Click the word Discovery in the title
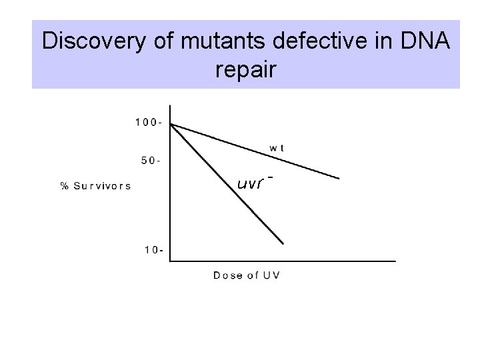coord(92,41)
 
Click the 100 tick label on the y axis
coord(147,122)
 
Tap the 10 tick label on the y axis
coord(153,250)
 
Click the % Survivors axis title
coord(96,186)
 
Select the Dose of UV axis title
coord(247,275)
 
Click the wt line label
coord(277,148)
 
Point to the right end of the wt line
coord(339,178)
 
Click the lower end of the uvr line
coord(284,243)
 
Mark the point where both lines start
coord(171,124)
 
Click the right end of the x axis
coord(395,261)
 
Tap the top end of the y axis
coord(171,105)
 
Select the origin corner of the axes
coord(171,261)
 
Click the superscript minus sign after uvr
coord(271,177)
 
